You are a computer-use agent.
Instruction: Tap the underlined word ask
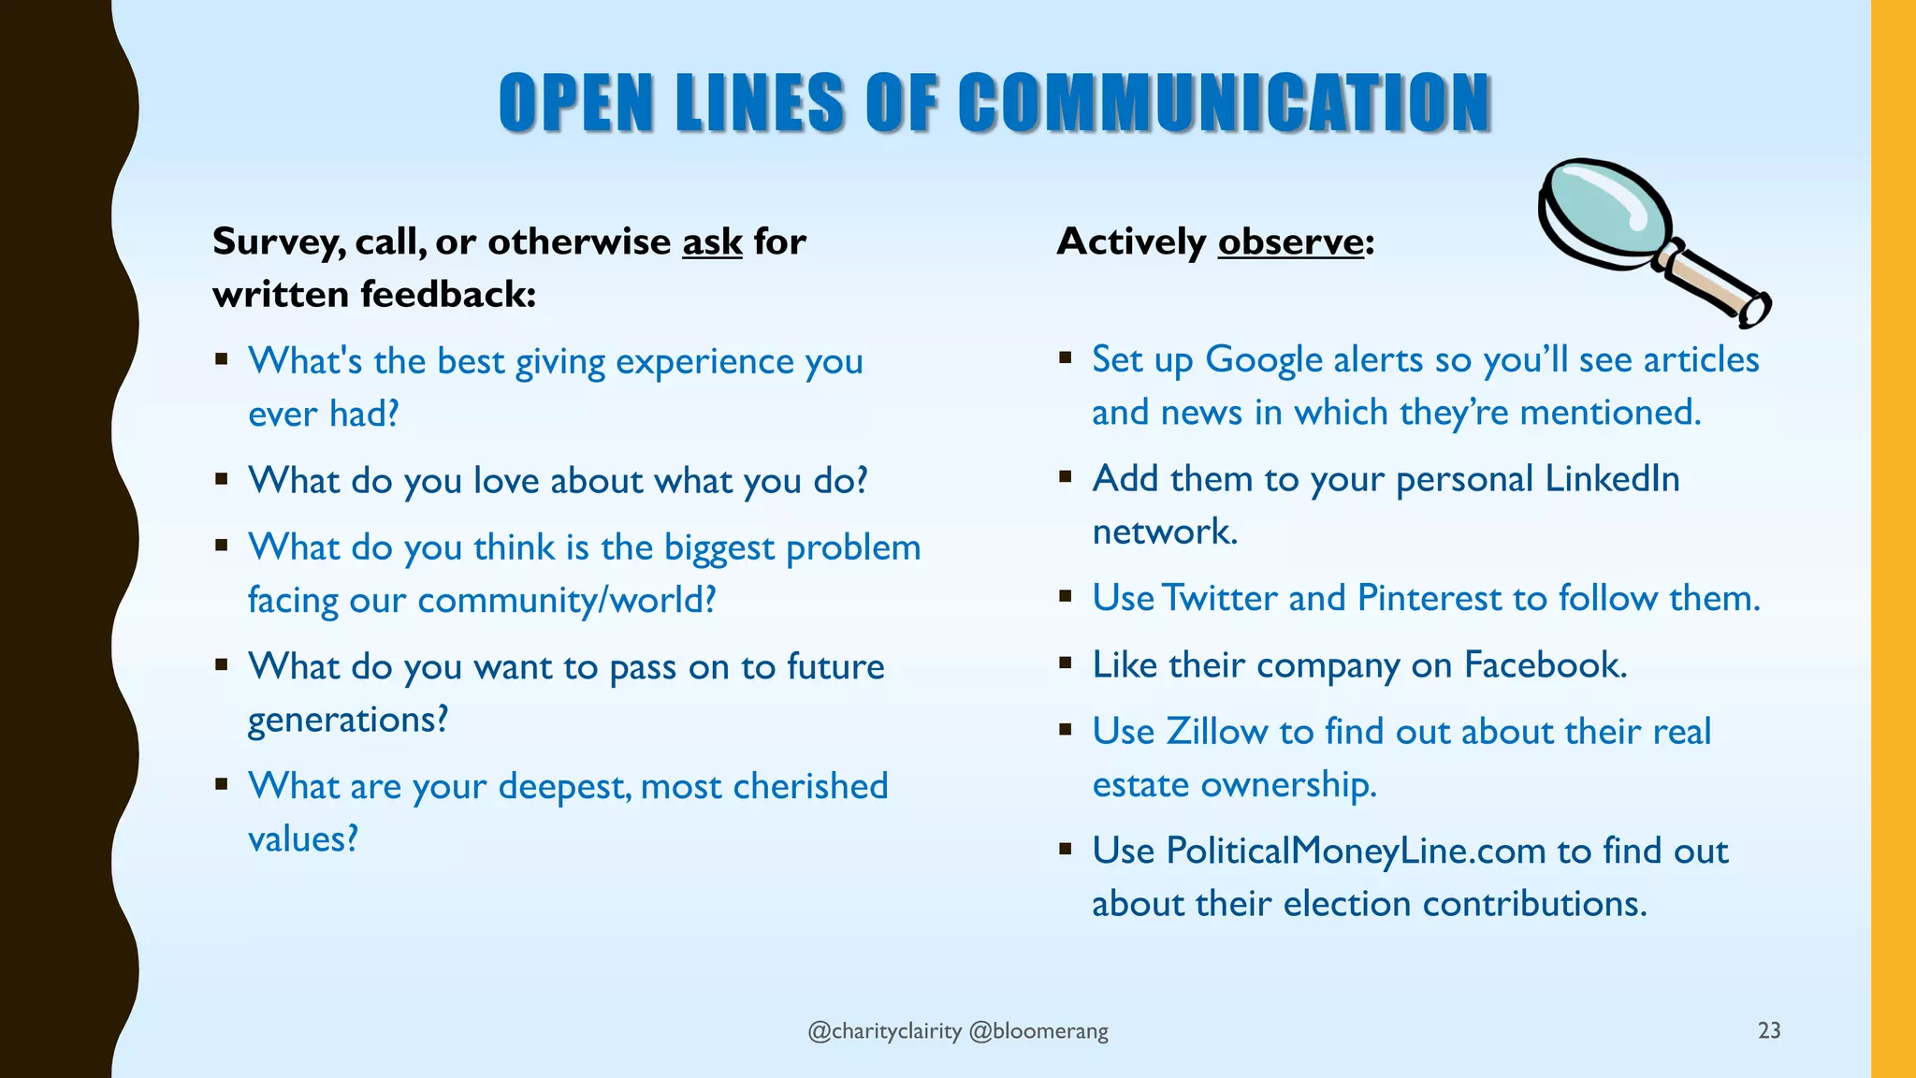(712, 242)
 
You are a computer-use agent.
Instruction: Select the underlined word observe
(1290, 242)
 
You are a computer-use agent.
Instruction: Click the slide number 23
(1769, 1030)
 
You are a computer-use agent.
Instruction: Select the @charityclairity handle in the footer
(884, 1031)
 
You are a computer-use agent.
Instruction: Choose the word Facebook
(1545, 665)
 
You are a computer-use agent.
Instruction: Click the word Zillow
(1216, 732)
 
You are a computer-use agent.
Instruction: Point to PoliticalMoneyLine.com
(1356, 852)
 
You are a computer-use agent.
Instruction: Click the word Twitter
(1219, 599)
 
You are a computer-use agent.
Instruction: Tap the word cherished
(810, 787)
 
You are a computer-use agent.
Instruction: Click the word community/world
(567, 601)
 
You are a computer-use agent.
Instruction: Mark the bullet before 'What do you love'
(222, 479)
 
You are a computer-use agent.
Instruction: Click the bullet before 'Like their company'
(1066, 663)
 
